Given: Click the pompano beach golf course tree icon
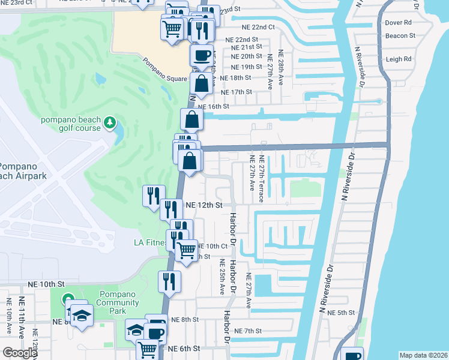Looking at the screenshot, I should tap(109, 123).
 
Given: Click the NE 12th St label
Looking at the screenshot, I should tap(204, 205).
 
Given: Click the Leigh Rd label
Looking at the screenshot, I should tap(399, 59).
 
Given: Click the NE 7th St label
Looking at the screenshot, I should tap(249, 331).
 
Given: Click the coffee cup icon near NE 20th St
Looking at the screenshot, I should tap(201, 55).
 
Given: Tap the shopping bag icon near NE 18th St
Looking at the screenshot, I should tap(202, 83).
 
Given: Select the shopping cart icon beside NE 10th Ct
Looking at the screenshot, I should tap(187, 250).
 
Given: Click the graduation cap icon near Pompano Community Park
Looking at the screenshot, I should tap(81, 315).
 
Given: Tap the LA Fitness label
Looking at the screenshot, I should tap(148, 243).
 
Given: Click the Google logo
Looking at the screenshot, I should tap(19, 353).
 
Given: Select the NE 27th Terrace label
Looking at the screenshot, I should tap(262, 179).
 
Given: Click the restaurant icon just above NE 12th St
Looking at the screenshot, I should tap(153, 195).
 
